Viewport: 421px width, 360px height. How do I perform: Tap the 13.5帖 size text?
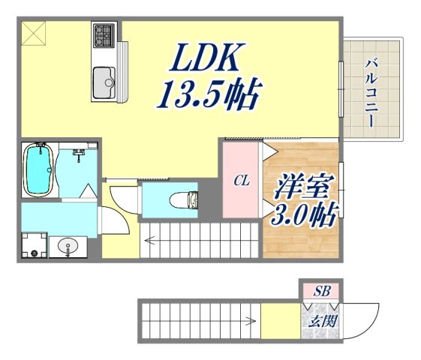click(209, 94)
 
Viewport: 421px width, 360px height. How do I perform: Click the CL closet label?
click(241, 181)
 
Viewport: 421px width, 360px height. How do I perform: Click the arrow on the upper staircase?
click(152, 241)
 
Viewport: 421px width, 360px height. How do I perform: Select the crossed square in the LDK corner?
click(34, 34)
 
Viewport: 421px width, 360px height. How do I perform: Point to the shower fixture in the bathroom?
click(78, 154)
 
